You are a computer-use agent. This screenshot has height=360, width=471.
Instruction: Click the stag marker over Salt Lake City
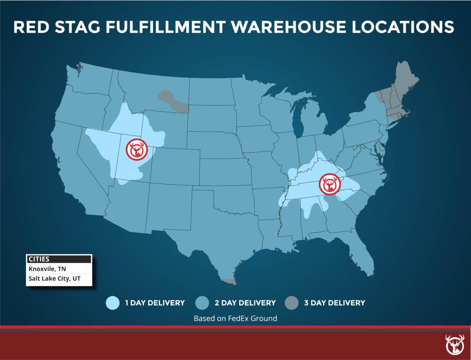click(137, 150)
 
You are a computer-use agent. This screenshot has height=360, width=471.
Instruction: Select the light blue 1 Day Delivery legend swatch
click(113, 303)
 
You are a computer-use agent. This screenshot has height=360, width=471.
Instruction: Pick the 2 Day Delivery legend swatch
click(202, 303)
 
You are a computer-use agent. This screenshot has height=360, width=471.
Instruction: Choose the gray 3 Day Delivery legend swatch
click(292, 303)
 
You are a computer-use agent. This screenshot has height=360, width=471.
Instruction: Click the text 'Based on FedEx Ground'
click(235, 318)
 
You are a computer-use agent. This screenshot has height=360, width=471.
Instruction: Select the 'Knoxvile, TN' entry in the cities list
click(47, 269)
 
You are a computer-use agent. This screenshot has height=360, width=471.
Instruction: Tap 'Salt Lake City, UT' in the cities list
click(54, 279)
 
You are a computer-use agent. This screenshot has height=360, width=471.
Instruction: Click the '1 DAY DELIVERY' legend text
click(155, 303)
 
